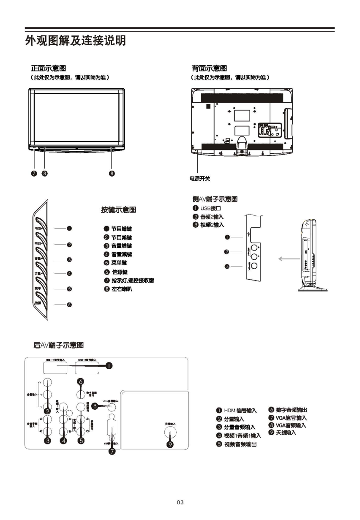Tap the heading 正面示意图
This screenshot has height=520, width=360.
pyautogui.click(x=48, y=68)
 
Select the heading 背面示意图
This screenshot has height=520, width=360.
pyautogui.click(x=209, y=68)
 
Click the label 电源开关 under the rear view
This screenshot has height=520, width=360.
pyautogui.click(x=199, y=179)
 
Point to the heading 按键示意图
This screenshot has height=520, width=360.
pyautogui.click(x=118, y=210)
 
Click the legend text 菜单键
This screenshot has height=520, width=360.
pyautogui.click(x=119, y=263)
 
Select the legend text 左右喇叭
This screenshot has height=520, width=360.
pyautogui.click(x=123, y=289)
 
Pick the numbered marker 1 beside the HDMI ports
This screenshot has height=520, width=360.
pyautogui.click(x=109, y=365)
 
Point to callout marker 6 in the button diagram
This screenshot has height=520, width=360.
pyautogui.click(x=69, y=305)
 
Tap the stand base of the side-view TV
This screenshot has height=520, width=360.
pyautogui.click(x=313, y=289)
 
